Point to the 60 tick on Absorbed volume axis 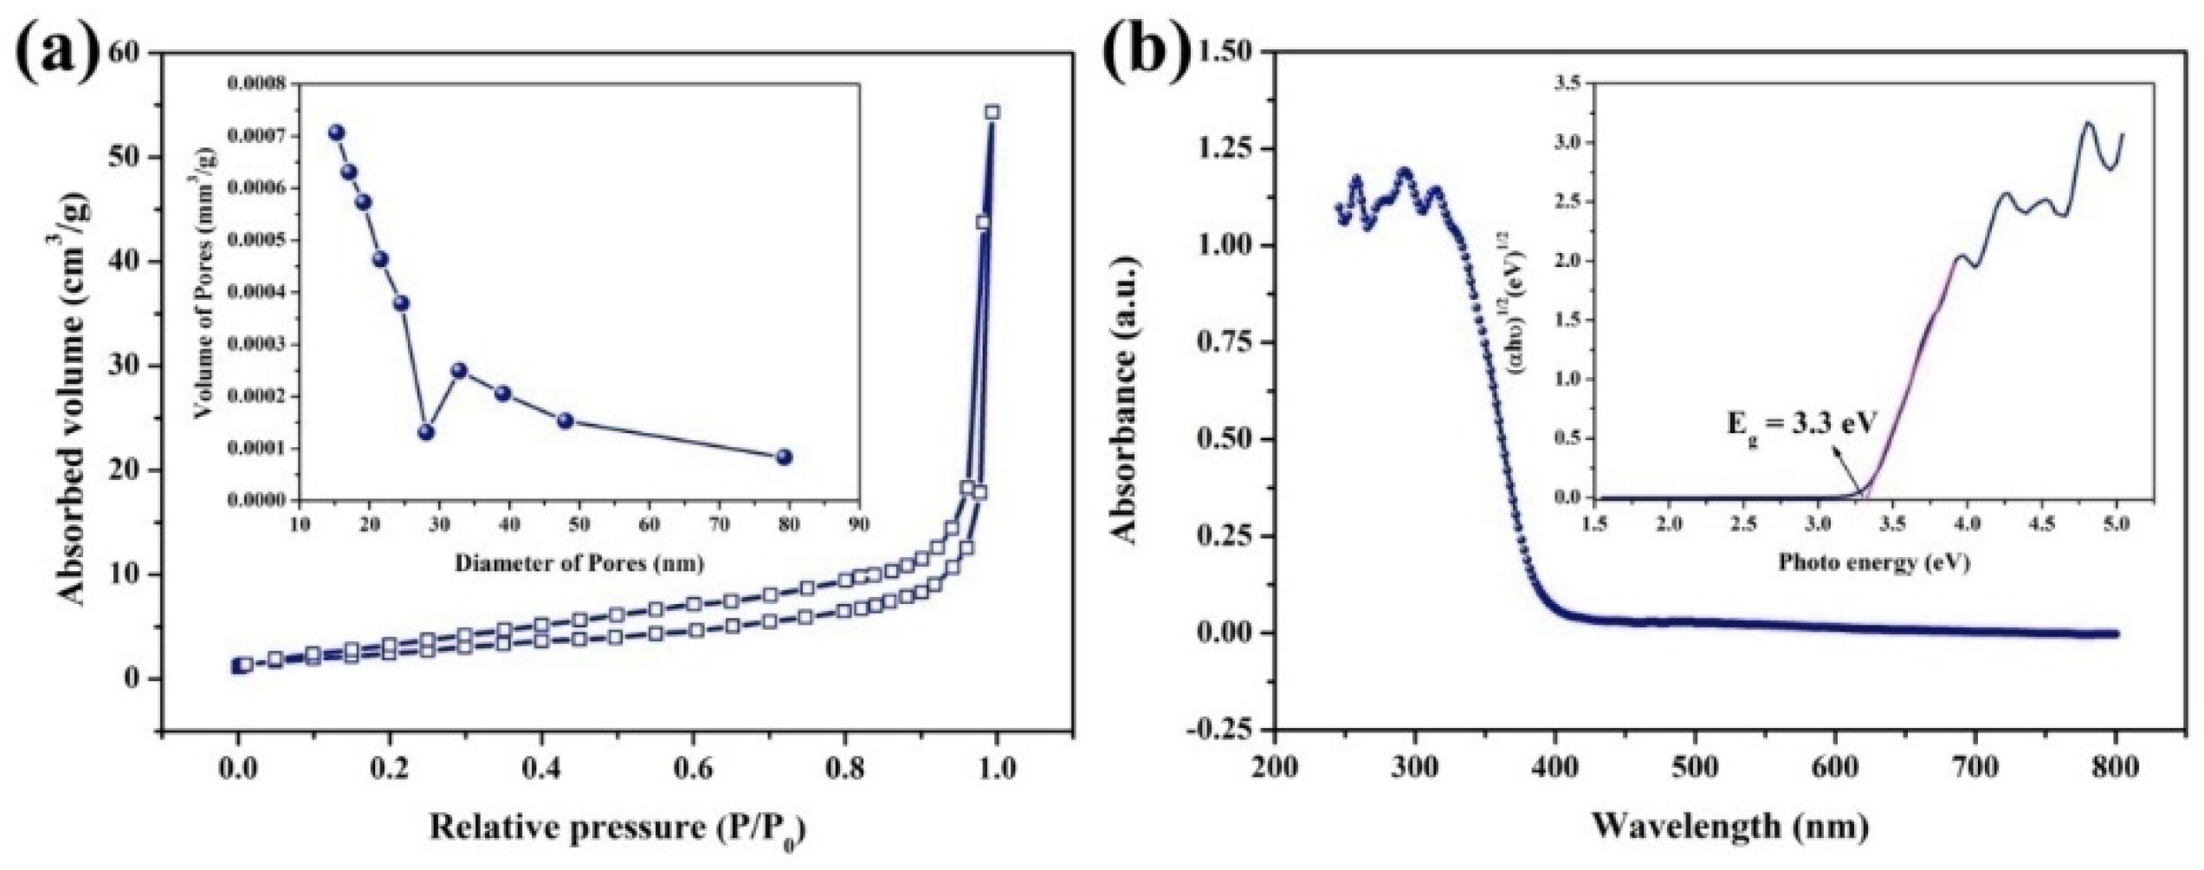pos(124,53)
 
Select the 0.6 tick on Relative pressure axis pos(692,769)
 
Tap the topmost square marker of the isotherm pos(992,112)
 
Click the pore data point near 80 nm pos(785,457)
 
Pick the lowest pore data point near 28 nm pos(426,432)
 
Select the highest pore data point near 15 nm pos(337,132)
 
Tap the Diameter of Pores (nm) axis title pos(579,563)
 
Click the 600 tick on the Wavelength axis pos(1835,768)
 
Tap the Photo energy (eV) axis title pos(1874,563)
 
